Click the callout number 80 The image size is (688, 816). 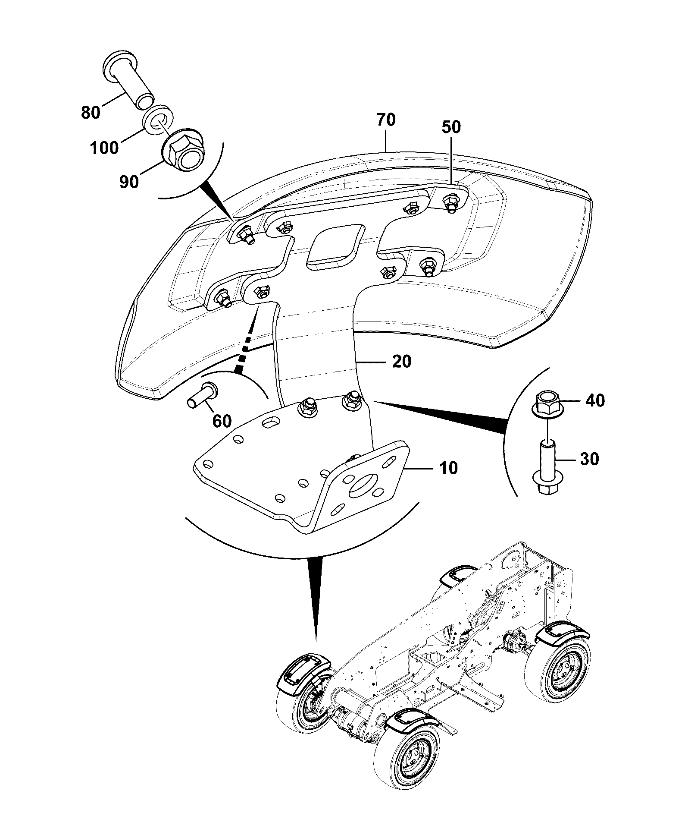91,113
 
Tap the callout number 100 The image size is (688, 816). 104,148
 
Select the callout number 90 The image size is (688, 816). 129,182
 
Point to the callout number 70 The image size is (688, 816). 386,120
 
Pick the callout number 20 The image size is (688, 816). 401,361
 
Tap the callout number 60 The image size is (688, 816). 222,420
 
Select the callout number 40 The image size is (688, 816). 595,401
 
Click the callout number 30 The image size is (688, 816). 589,459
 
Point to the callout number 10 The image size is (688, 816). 448,468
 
